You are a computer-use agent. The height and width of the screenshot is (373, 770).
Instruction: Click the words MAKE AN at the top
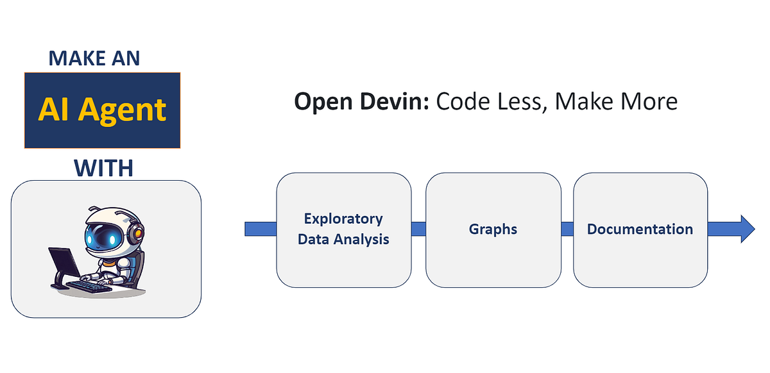(94, 58)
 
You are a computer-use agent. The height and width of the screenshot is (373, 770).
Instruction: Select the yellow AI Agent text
(102, 110)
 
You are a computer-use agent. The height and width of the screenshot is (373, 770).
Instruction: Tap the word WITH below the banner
(103, 168)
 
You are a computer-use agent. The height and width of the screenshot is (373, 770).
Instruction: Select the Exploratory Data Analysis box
(343, 229)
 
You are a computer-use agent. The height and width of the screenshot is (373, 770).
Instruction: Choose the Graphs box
(493, 229)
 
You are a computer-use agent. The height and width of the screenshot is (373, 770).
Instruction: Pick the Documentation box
(640, 229)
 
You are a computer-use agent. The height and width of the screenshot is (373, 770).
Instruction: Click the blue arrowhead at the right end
(748, 229)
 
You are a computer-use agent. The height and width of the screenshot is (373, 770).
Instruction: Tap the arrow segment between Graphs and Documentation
(567, 229)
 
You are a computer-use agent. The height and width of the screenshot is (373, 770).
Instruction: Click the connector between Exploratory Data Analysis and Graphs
(418, 229)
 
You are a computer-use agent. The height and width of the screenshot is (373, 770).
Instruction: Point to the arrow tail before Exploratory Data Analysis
(261, 229)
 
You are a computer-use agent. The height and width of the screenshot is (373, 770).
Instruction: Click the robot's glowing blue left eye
(90, 239)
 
